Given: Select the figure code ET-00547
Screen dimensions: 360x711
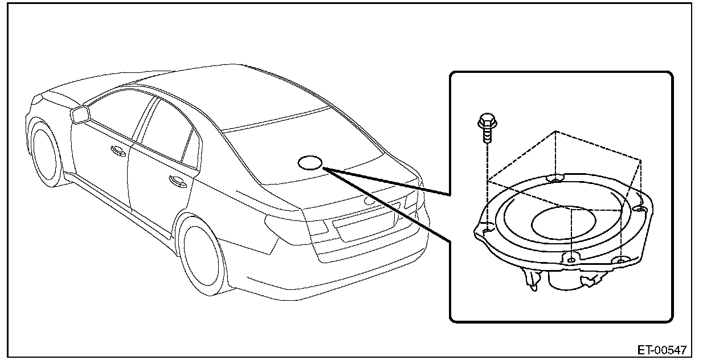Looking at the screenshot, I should [661, 349].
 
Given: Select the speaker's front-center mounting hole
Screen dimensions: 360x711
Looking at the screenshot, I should [571, 260].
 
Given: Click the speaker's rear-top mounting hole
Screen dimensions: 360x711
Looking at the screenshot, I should [554, 179].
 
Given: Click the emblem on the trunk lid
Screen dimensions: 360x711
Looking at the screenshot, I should [370, 201].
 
